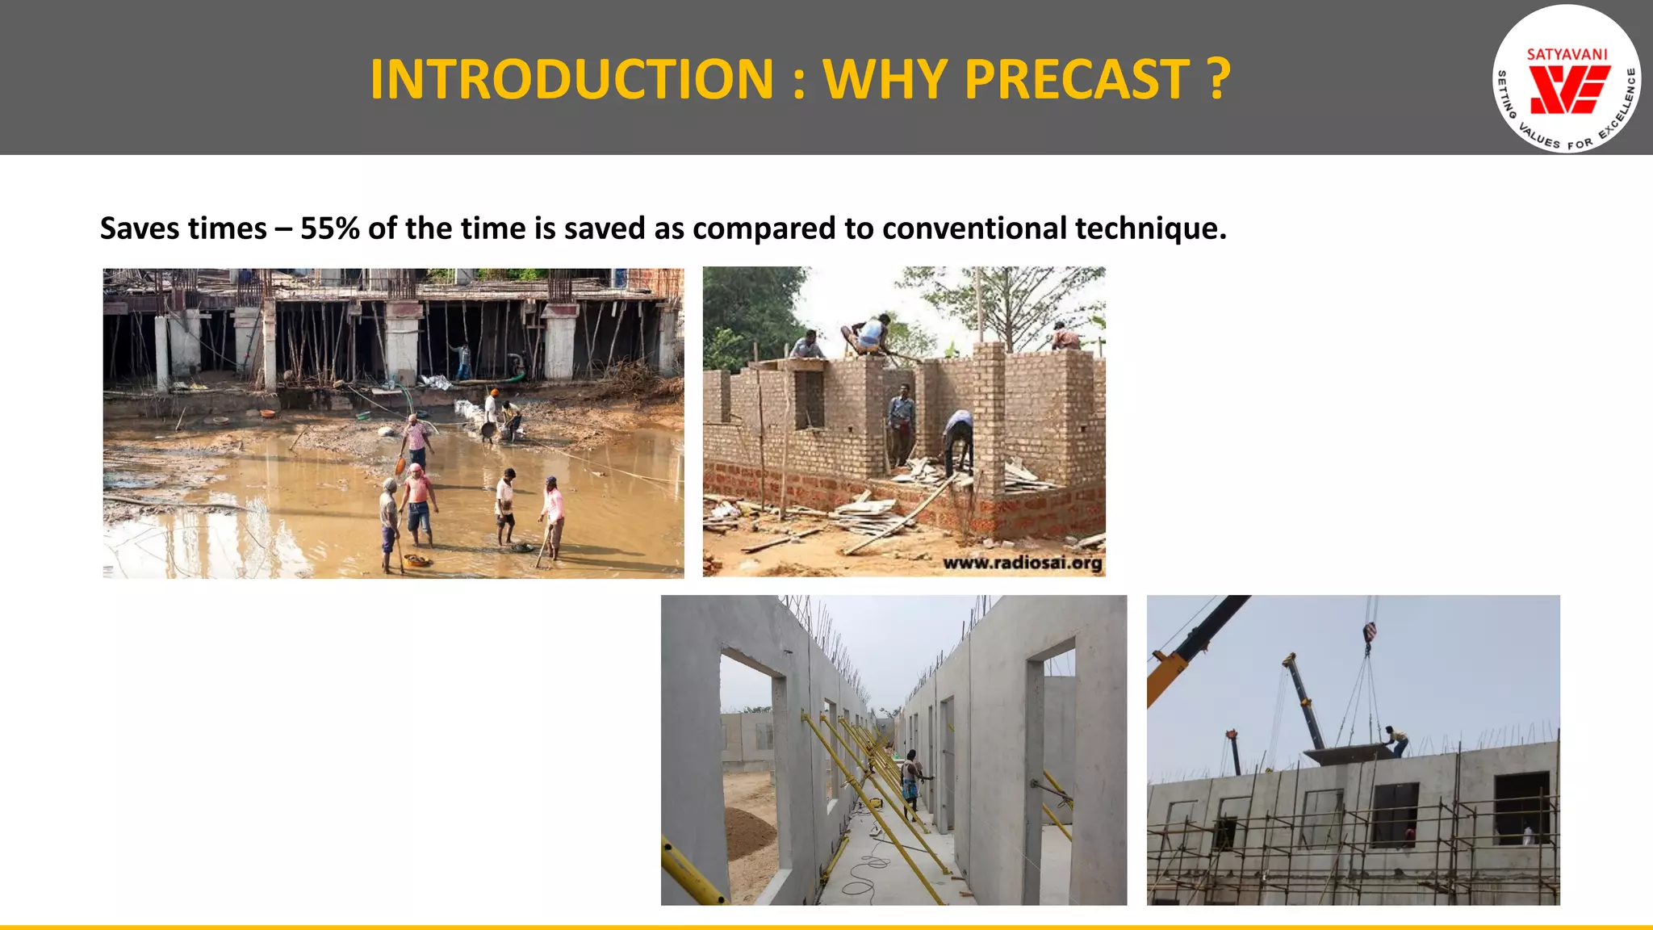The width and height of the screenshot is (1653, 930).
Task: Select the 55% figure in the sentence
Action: (329, 228)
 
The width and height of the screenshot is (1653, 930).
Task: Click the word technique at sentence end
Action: (1150, 230)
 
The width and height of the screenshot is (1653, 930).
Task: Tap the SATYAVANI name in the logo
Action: (1567, 55)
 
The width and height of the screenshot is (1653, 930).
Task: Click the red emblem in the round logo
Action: (1568, 90)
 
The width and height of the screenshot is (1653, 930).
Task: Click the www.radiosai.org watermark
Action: (1022, 563)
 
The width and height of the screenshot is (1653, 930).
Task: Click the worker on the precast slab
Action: (1396, 739)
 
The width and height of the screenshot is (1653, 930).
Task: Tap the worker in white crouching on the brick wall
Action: (868, 333)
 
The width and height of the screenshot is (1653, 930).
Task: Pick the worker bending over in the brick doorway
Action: (958, 441)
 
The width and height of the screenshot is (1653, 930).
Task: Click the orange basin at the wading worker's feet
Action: (417, 560)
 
